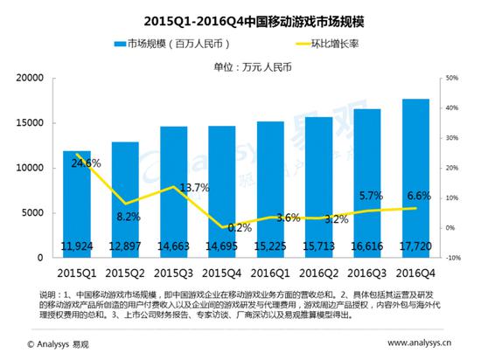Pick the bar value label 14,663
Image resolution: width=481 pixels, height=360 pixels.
coord(173,248)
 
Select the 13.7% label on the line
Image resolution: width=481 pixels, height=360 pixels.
coord(169,188)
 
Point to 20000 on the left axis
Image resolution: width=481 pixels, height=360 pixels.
coord(31,78)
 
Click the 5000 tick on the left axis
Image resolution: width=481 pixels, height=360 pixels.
coord(34,213)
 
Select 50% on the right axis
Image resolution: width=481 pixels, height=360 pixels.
coord(452,78)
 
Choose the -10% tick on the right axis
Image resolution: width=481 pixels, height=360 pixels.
coord(452,259)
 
